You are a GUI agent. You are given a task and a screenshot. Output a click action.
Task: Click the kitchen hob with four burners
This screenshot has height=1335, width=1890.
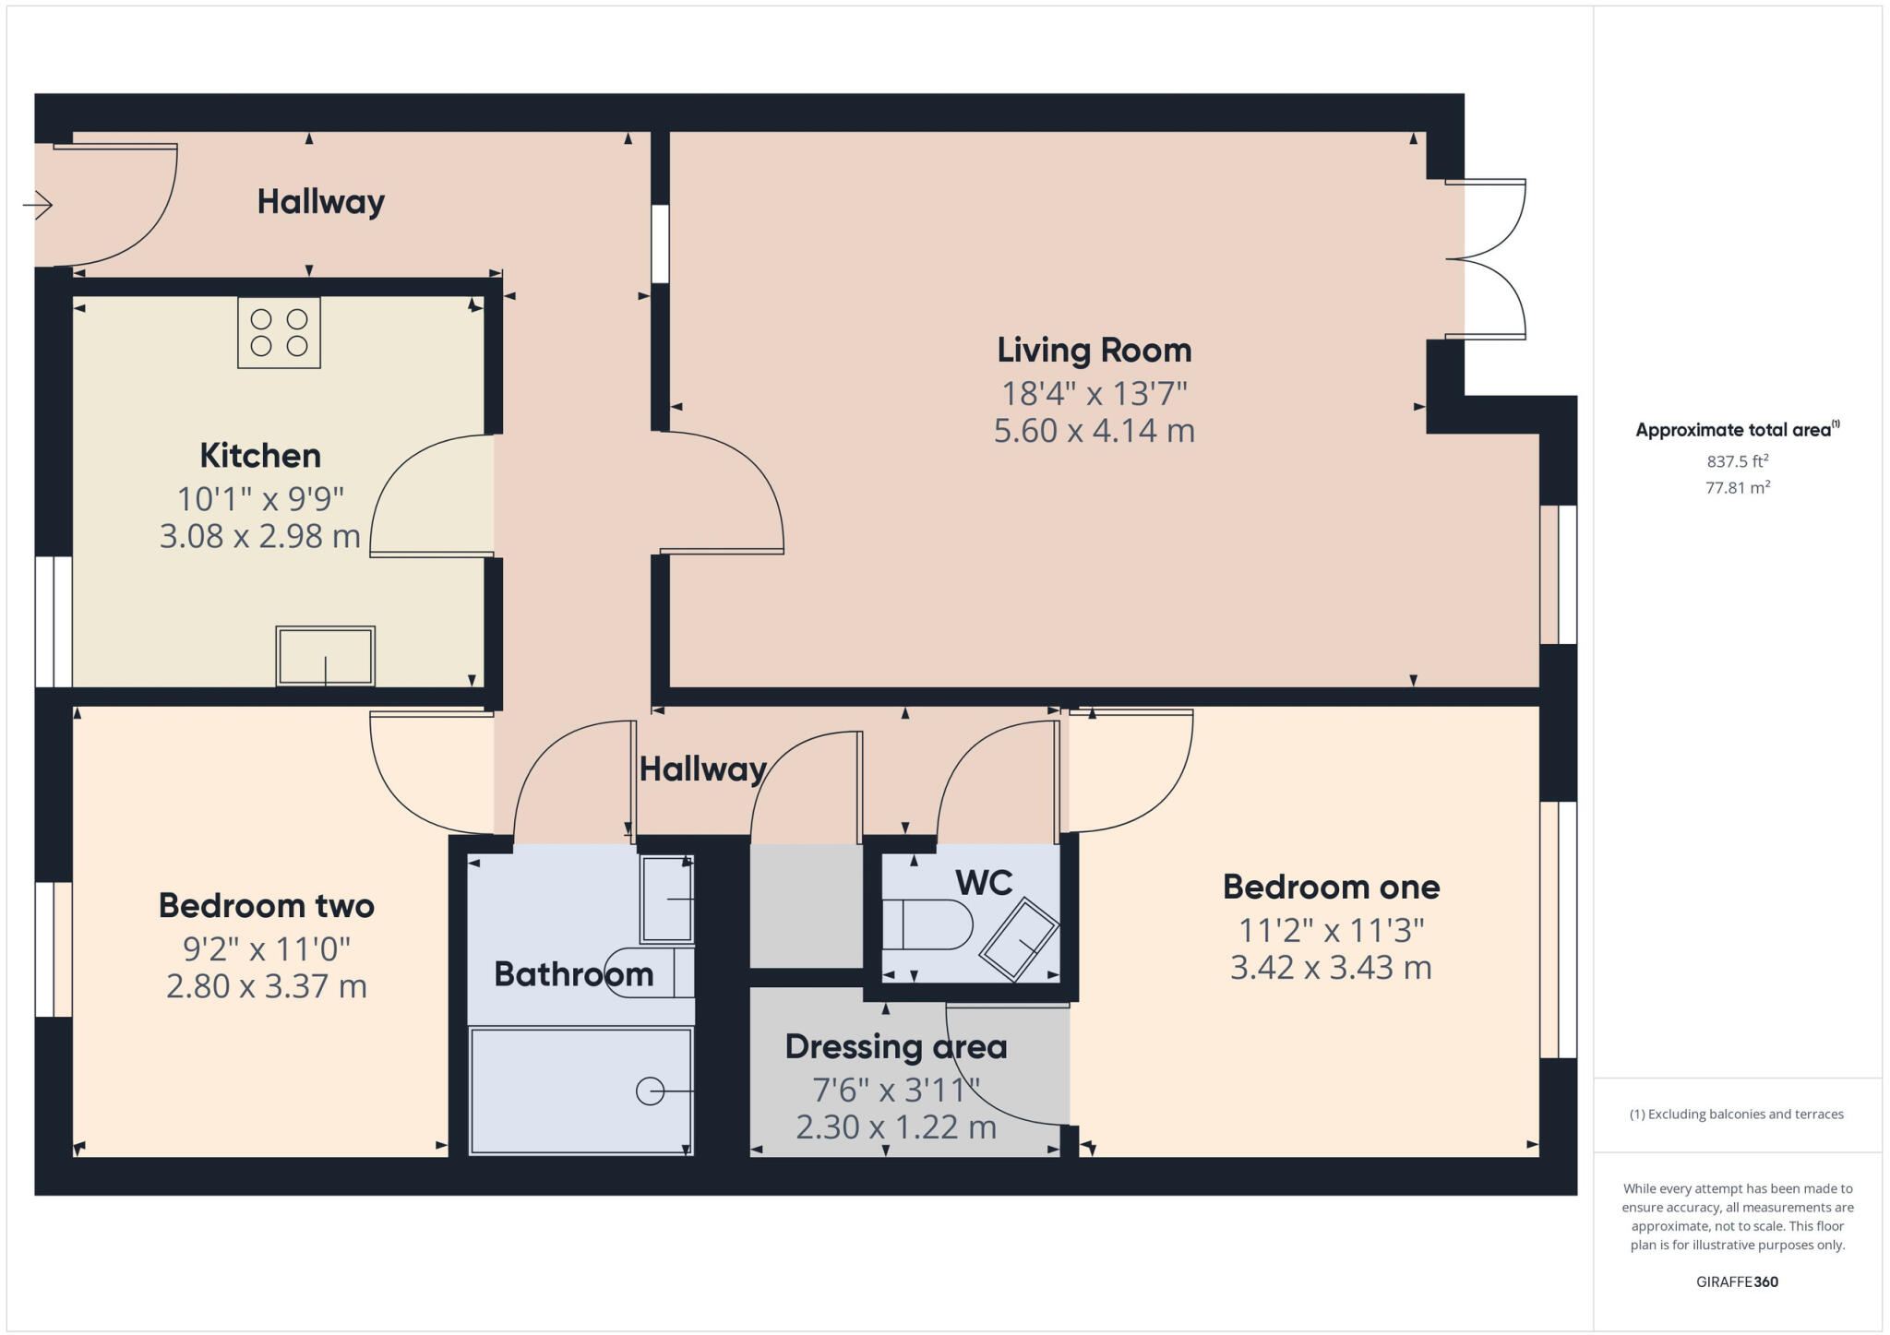pos(279,333)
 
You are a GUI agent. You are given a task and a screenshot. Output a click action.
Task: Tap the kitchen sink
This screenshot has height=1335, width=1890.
pos(326,656)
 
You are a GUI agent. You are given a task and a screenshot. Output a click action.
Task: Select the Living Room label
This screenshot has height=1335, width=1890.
pos(1095,351)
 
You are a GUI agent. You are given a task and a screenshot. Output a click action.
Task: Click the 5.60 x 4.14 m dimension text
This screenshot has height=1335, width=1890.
pos(1095,431)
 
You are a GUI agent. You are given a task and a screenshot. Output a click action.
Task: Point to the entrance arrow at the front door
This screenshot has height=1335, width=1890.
pos(38,204)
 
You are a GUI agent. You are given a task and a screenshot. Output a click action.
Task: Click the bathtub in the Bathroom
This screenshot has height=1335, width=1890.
pos(580,1091)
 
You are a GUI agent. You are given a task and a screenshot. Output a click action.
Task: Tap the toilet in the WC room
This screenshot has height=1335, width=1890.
pos(927,924)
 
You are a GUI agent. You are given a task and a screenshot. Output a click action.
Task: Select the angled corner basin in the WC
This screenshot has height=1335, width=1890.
pos(1019,937)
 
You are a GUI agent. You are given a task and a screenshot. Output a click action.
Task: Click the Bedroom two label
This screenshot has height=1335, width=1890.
pos(267,905)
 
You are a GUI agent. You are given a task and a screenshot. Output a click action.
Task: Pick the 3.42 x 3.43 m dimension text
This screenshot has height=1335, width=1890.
pos(1331,968)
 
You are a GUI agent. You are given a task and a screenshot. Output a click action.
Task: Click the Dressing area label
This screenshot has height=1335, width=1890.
pos(896,1047)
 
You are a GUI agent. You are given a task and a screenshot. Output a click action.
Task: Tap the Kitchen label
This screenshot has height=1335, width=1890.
pos(260,455)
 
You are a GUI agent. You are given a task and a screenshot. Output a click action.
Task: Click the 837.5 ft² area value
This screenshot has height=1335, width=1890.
pos(1738,461)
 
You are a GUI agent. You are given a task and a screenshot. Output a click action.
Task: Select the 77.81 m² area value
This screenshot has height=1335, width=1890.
pos(1738,487)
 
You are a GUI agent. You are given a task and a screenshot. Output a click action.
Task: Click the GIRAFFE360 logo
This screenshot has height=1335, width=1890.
pos(1737,1281)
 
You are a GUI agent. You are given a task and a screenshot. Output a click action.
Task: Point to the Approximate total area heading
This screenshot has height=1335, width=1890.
pos(1738,429)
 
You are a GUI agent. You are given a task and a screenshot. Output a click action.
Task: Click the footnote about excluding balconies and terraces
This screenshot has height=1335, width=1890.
pos(1737,1114)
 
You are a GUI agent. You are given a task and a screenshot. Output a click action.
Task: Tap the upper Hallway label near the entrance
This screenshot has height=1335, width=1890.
pos(320,201)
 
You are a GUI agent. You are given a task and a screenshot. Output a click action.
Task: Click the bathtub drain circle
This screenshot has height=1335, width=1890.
pos(650,1091)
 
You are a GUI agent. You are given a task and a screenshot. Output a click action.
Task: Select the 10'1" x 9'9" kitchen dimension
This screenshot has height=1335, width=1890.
pos(260,499)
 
